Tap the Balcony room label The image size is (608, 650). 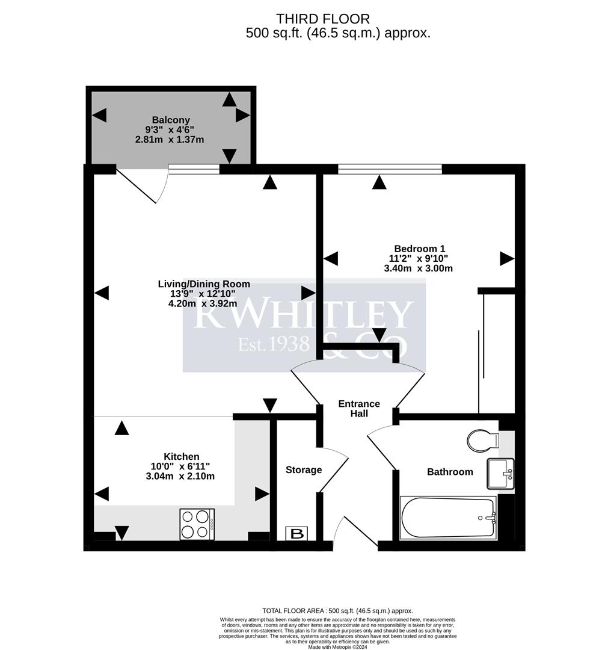171,120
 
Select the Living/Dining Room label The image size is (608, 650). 204,284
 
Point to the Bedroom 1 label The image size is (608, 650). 419,249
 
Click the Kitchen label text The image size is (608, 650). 181,457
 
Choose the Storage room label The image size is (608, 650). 304,470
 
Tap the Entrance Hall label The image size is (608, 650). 358,409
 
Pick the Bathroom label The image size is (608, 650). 450,472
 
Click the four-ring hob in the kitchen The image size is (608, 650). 197,524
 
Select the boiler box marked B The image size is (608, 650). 297,533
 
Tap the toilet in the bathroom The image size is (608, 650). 482,440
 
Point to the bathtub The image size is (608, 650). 447,518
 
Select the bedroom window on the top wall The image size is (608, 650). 390,169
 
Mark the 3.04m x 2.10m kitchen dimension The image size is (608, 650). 180,476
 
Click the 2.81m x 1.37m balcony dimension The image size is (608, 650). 170,140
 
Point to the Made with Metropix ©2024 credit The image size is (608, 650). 337,647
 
